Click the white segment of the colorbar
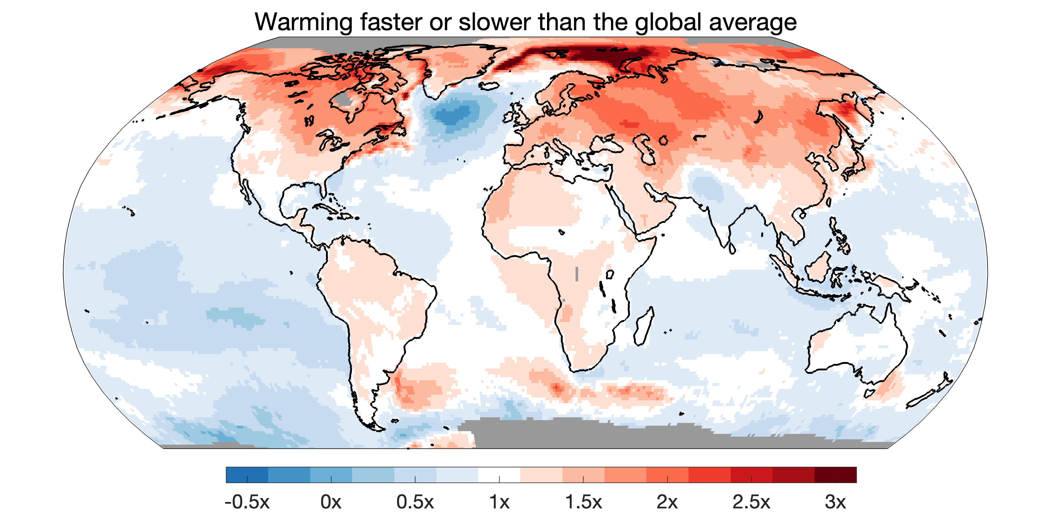[x=499, y=475]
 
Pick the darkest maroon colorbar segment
[x=836, y=475]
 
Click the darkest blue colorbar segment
[x=247, y=475]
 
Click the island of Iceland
[x=489, y=86]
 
